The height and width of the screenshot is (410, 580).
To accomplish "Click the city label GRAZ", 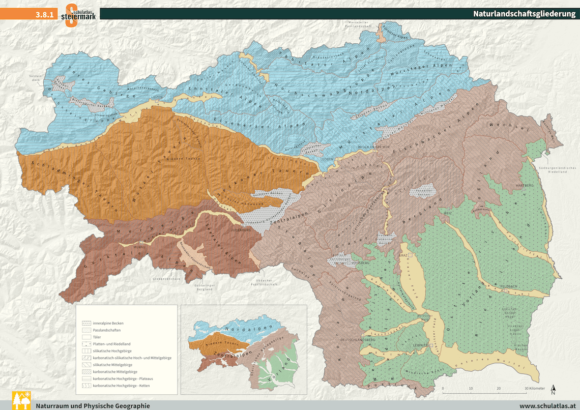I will pos(402,254).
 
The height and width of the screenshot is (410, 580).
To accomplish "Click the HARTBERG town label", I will pos(525,185).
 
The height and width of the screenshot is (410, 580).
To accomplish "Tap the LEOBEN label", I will pos(326,159).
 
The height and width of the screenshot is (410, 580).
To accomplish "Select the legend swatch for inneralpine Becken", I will pos(86,323).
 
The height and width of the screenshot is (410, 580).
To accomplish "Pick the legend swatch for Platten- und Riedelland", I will pos(86,344).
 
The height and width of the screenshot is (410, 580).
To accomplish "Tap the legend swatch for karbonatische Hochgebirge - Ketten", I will pos(86,386).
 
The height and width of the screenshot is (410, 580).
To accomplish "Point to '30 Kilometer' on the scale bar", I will pos(535,389).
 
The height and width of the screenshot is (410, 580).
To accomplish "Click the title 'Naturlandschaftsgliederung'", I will pos(524,14).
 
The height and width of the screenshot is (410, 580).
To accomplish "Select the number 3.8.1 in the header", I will pos(44,15).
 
